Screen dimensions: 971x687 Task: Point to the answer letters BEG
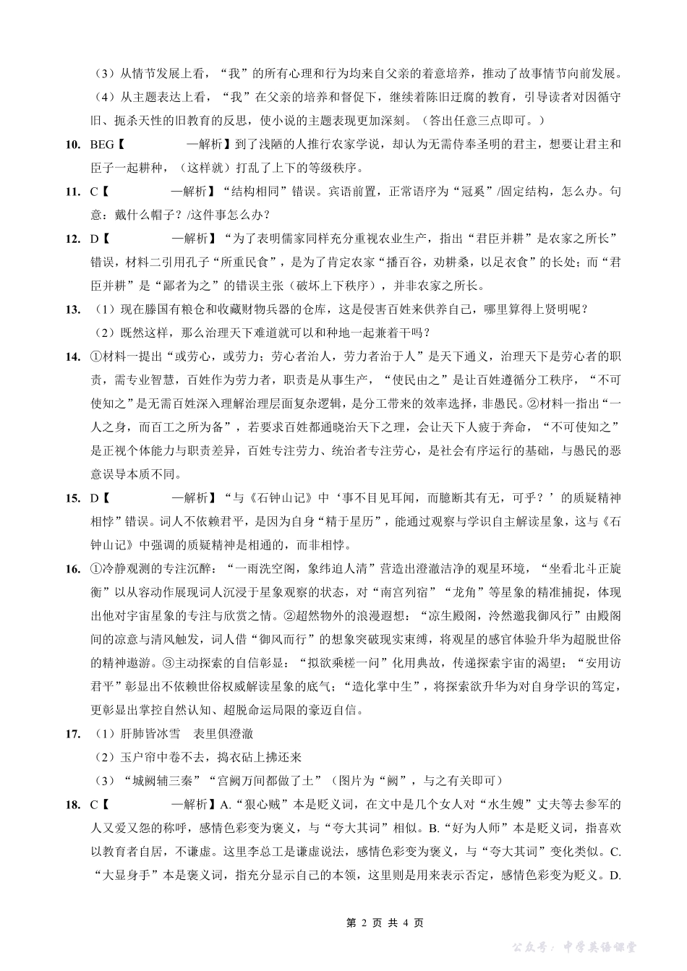102,145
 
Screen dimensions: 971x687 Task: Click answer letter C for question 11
94,192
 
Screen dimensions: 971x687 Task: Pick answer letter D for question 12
94,239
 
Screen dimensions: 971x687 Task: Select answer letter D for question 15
94,498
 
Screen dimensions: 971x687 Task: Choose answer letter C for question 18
94,804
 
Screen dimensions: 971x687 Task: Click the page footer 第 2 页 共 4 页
385,923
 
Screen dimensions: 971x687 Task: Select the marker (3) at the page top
105,74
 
